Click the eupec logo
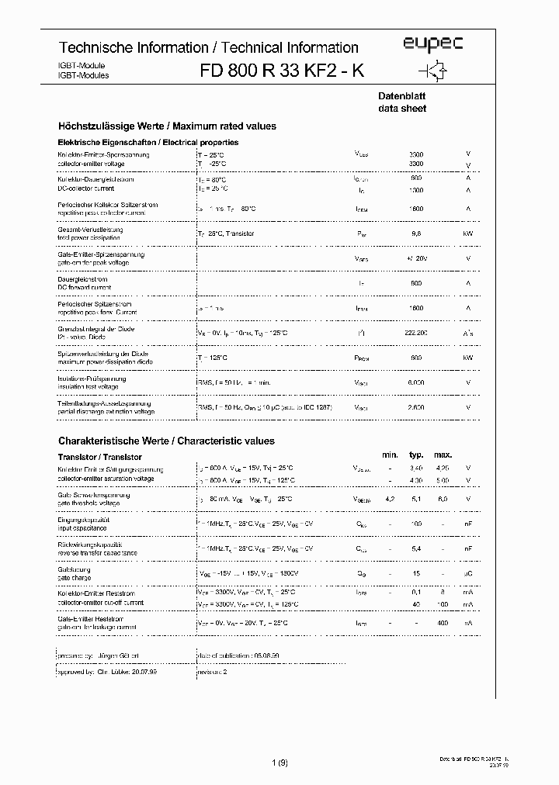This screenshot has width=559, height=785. pos(433,45)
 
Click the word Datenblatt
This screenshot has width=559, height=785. pos(398,95)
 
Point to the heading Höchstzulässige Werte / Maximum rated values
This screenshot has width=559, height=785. pos(167,126)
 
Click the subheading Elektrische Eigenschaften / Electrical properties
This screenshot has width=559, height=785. pos(148,143)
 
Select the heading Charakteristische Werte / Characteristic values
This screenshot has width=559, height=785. pos(166,441)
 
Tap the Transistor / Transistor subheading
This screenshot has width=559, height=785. pos(99,458)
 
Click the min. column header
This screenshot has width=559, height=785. pos(390,455)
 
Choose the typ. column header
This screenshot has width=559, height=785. pos(416,455)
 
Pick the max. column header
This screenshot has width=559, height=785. pos(443,455)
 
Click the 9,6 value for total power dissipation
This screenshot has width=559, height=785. pos(416,233)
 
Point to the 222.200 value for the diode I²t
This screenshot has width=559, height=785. pos(416,332)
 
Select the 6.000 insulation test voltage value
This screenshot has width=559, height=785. pos(416,382)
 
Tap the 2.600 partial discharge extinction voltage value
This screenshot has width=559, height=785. pos(416,406)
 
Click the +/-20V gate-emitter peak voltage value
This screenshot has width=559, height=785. pos(416,258)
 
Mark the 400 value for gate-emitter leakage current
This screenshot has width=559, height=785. pos(443,623)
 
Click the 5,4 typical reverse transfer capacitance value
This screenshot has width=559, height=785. pos(416,548)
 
